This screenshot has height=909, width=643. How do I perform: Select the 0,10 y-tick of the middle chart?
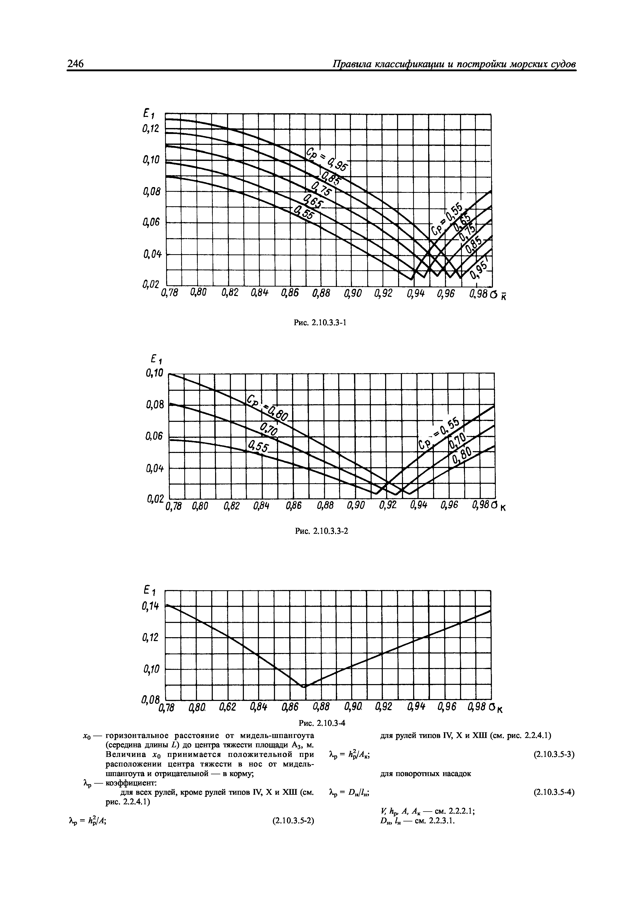[154, 373]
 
